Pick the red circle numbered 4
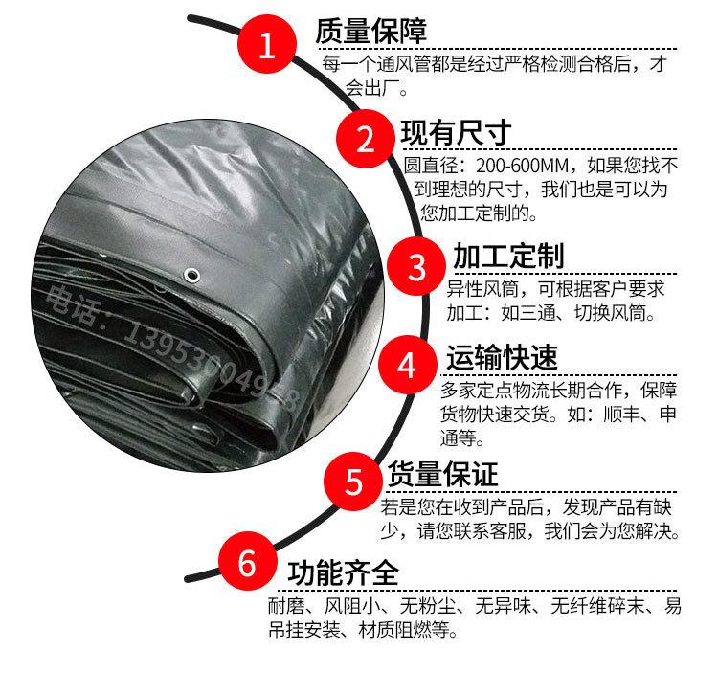pyautogui.click(x=407, y=365)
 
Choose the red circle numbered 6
pyautogui.click(x=245, y=564)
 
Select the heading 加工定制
pyautogui.click(x=508, y=257)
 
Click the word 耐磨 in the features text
pyautogui.click(x=285, y=606)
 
